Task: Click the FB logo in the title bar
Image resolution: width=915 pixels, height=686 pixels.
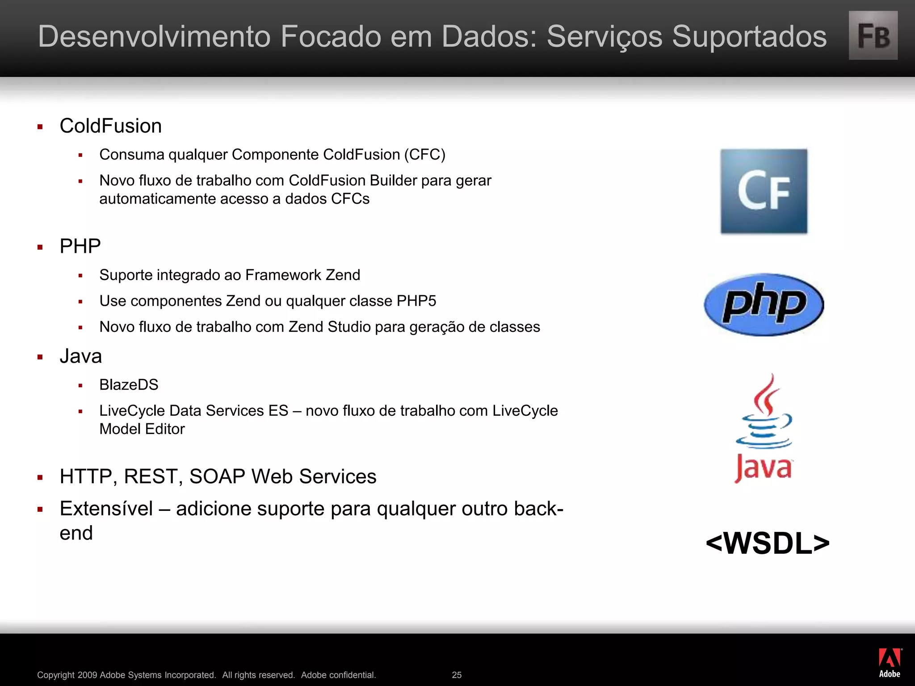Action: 873,36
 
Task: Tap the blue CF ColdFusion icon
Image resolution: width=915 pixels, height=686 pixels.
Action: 764,191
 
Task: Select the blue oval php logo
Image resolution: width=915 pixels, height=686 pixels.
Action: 764,305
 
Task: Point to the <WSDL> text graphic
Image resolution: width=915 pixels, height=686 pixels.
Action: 767,544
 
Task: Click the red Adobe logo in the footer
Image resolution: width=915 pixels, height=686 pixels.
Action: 890,662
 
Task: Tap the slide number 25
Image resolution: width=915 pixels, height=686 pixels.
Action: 457,675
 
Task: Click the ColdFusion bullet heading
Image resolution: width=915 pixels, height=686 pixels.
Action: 111,126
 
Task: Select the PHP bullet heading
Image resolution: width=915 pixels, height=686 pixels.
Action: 80,246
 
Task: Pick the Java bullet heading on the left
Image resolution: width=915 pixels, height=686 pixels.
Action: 81,356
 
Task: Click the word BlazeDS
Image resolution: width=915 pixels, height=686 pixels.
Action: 129,385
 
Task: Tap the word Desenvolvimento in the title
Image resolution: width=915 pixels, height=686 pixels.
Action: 154,36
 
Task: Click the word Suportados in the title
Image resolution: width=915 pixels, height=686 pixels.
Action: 749,36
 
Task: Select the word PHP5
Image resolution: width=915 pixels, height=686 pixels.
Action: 416,301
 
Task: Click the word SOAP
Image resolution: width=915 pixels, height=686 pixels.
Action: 217,477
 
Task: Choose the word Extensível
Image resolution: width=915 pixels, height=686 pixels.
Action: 106,509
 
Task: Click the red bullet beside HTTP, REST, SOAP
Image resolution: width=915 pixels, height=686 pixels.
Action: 40,477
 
